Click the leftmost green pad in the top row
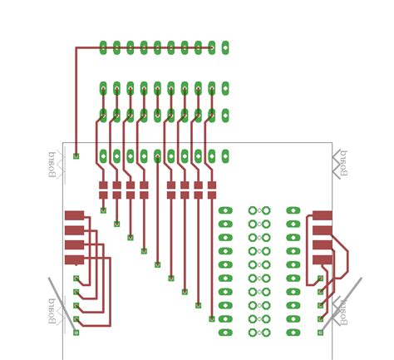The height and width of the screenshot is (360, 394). [103, 47]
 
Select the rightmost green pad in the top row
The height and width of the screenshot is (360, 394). [225, 47]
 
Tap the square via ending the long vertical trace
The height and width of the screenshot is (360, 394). [76, 155]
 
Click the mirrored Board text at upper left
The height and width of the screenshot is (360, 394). [52, 165]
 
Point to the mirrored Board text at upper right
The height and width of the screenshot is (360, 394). [342, 163]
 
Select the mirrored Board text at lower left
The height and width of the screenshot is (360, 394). [52, 310]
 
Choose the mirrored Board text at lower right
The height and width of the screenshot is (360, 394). [342, 310]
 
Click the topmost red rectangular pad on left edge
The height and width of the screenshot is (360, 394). [74, 215]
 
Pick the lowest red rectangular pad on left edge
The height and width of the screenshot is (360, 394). [74, 259]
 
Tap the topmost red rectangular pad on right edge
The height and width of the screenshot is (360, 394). [322, 215]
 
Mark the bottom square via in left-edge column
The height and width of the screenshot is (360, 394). [76, 333]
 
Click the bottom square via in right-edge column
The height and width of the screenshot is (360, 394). [321, 333]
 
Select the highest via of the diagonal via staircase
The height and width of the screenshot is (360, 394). [103, 210]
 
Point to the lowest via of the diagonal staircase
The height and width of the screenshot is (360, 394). [212, 318]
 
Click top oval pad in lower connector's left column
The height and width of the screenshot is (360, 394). [225, 210]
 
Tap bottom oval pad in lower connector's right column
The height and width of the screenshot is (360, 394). [293, 333]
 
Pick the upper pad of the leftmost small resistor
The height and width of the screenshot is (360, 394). [103, 185]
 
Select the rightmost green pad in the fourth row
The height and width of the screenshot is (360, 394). [225, 155]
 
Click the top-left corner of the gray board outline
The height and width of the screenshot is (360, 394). [63, 143]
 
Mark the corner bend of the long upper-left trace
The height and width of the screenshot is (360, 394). [76, 48]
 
